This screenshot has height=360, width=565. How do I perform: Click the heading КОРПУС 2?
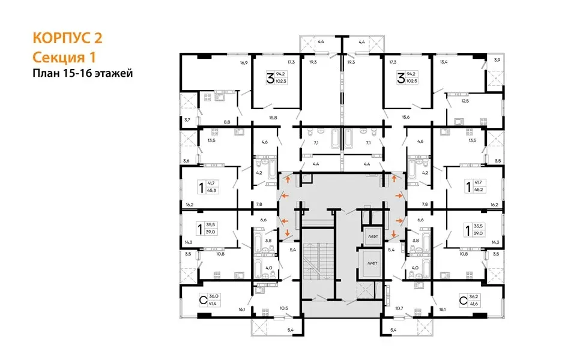67,39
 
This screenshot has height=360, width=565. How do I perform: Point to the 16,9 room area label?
244,62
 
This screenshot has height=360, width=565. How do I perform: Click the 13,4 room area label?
444,62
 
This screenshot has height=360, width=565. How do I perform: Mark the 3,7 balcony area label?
187,120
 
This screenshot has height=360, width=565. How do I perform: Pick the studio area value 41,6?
473,305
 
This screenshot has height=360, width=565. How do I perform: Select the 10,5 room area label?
283,309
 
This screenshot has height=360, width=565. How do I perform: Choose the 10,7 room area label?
399,309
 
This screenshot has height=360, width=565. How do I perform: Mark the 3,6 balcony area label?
186,161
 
